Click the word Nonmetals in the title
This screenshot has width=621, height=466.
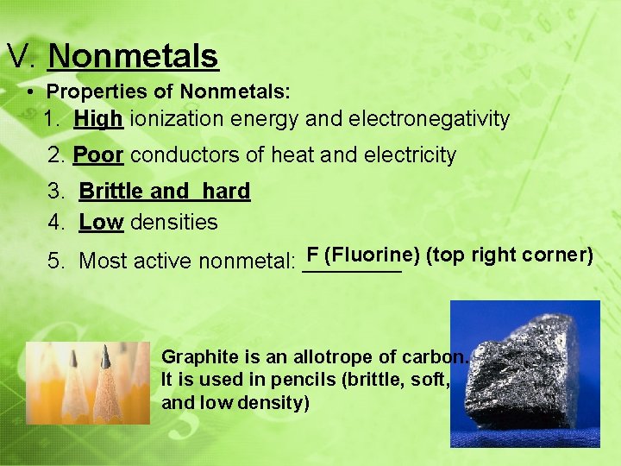pos(134,56)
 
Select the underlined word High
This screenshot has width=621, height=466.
pos(97,118)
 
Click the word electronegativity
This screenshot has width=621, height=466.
pos(428,118)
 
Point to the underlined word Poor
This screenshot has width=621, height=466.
pos(98,155)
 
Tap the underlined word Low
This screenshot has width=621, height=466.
pos(101,222)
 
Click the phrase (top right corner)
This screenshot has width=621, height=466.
pos(510,255)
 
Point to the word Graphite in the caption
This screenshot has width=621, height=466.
pos(194,356)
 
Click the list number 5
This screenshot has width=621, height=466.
pos(53,261)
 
